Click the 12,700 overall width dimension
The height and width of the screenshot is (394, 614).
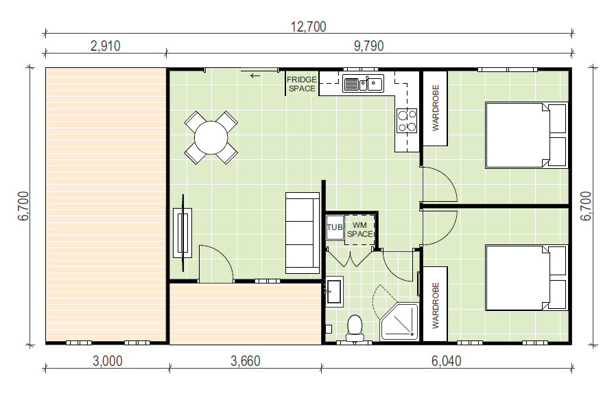click(308, 27)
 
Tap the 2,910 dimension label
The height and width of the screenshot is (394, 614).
click(106, 46)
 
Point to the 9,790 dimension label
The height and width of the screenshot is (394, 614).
click(368, 46)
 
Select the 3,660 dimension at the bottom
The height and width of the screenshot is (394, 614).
click(245, 361)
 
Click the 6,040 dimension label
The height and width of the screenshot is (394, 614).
click(446, 361)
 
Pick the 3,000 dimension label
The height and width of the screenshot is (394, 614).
click(107, 361)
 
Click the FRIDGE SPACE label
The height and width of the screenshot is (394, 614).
click(302, 84)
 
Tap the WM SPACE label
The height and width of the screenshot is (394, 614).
click(360, 229)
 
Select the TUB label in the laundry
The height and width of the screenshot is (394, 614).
click(334, 227)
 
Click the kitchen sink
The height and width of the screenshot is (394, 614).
click(363, 83)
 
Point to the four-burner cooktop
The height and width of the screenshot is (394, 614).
click(406, 121)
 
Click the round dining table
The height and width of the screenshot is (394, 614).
click(211, 137)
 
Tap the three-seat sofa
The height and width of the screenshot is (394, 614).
click(303, 233)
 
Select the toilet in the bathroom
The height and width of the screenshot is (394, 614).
click(355, 327)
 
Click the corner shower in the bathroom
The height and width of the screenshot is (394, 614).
click(399, 321)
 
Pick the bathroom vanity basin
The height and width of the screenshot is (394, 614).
click(334, 292)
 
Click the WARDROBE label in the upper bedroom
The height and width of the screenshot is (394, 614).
click(436, 108)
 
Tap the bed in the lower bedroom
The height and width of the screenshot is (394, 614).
click(526, 278)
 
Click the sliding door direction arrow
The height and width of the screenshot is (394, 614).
click(255, 76)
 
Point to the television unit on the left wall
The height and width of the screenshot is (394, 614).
click(182, 233)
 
